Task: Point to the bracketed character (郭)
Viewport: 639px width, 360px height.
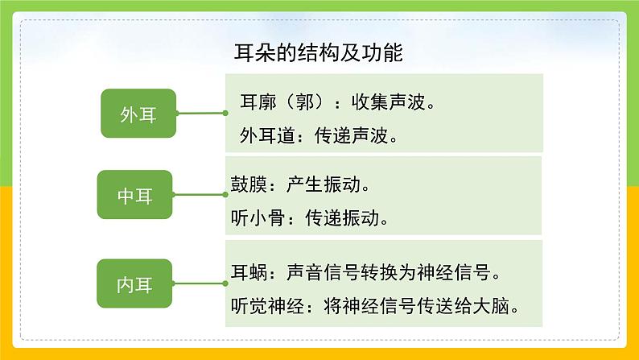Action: [302, 103]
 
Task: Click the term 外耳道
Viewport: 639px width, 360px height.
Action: [264, 134]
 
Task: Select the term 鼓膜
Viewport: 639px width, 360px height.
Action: [246, 185]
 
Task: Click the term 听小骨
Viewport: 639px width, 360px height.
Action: [254, 217]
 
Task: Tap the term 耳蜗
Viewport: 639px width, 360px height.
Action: [246, 272]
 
